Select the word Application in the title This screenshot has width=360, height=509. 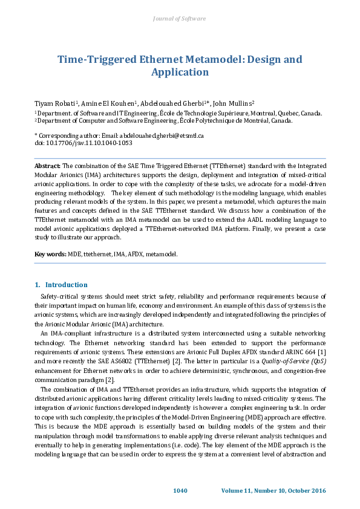180,73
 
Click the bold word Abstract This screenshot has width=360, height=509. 47,165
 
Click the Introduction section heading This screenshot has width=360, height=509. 67,285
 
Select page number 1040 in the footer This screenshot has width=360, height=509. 180,490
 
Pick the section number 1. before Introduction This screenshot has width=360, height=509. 38,285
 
